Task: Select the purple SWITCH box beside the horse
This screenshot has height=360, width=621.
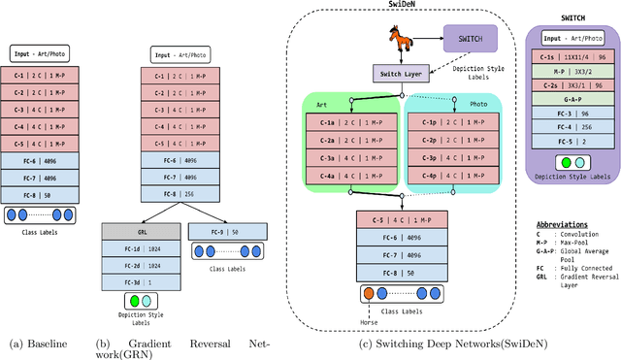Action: pyautogui.click(x=470, y=40)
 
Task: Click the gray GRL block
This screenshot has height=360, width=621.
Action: pyautogui.click(x=140, y=233)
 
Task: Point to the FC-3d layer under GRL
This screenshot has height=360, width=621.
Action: pyautogui.click(x=140, y=280)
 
